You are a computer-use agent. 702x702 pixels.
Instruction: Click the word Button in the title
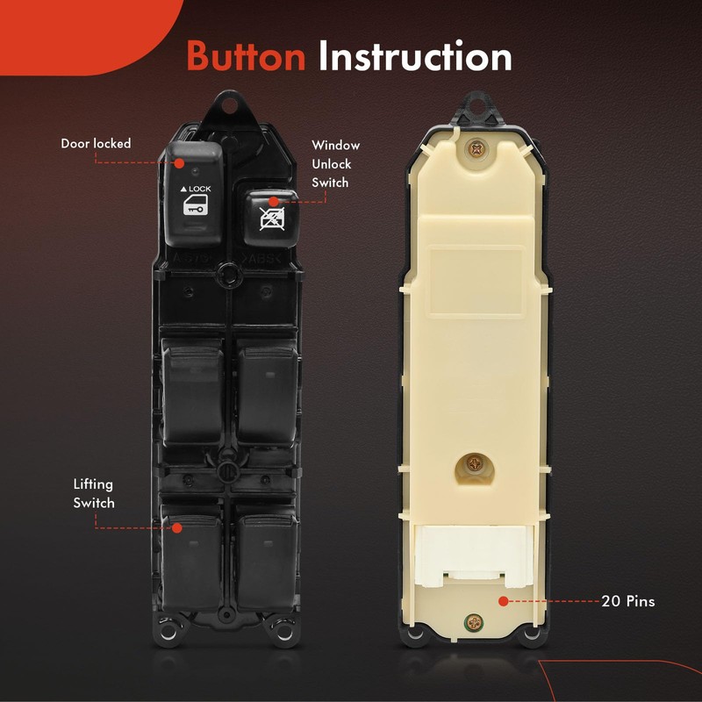pos(246,57)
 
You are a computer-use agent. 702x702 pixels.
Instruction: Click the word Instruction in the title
pos(415,57)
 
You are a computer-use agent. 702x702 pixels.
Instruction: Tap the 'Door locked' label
pos(96,143)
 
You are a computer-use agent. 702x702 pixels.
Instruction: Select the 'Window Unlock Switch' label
pos(335,164)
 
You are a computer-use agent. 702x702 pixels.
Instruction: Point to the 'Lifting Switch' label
pos(94,493)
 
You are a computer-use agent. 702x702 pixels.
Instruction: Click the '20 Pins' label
pos(628,602)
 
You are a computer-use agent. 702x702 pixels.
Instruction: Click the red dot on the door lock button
pos(178,163)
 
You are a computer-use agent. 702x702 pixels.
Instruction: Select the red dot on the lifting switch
pos(178,527)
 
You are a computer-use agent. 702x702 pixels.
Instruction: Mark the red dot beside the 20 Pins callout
pos(504,602)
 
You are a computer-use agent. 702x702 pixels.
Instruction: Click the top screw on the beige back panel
pos(476,150)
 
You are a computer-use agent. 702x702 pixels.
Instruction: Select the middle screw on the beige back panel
pos(475,462)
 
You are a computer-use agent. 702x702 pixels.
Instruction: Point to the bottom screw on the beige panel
pos(475,621)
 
